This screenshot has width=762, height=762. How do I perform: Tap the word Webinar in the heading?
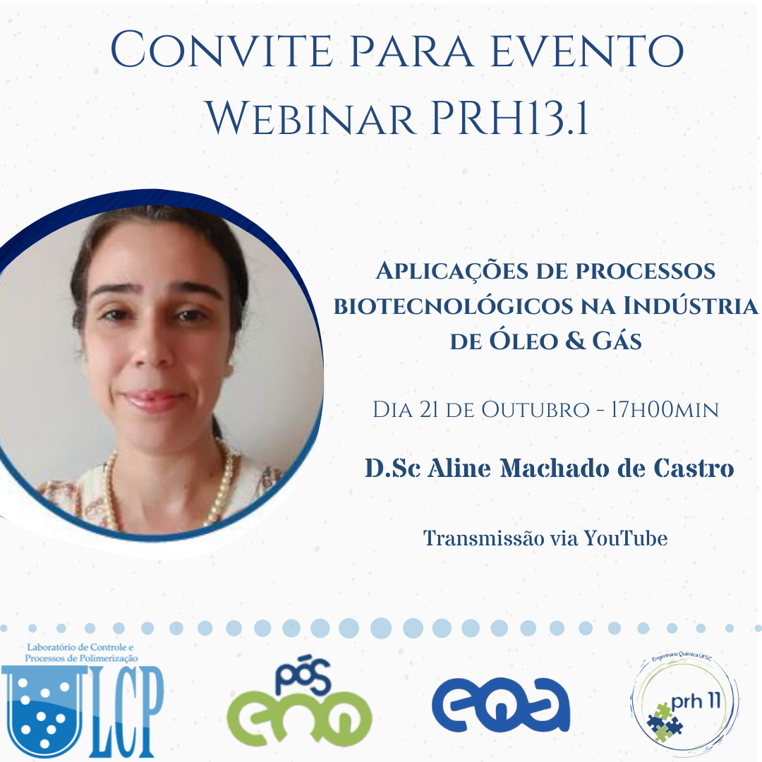coord(311,119)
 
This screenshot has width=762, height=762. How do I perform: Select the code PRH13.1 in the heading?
coord(509,119)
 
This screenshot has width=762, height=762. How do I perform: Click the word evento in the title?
coord(587,50)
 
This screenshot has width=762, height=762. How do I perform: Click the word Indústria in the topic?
coord(690,306)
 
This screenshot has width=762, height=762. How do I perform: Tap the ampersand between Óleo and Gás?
coord(576,341)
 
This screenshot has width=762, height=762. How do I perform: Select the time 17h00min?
coord(665,410)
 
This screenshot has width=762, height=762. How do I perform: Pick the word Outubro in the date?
coord(535,410)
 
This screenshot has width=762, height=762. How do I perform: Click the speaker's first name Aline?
coord(459,468)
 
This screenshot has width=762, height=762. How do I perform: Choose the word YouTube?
coord(625,538)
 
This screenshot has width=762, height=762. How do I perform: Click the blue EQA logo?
coord(501,705)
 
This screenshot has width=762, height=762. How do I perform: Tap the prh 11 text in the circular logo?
coord(695,701)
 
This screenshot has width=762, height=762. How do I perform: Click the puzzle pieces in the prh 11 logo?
coord(664,722)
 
